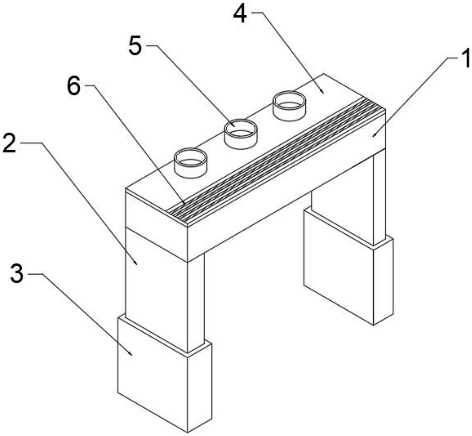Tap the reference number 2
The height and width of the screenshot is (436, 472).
pyautogui.click(x=9, y=143)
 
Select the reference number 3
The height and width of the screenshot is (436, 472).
pyautogui.click(x=17, y=273)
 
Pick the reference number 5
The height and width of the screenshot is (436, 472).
pyautogui.click(x=135, y=45)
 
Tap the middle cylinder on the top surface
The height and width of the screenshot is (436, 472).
pyautogui.click(x=241, y=134)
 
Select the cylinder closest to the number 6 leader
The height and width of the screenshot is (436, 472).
pyautogui.click(x=191, y=163)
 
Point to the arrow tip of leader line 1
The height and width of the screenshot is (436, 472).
pyautogui.click(x=373, y=136)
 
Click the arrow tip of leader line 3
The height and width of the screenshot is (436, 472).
pyautogui.click(x=132, y=356)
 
